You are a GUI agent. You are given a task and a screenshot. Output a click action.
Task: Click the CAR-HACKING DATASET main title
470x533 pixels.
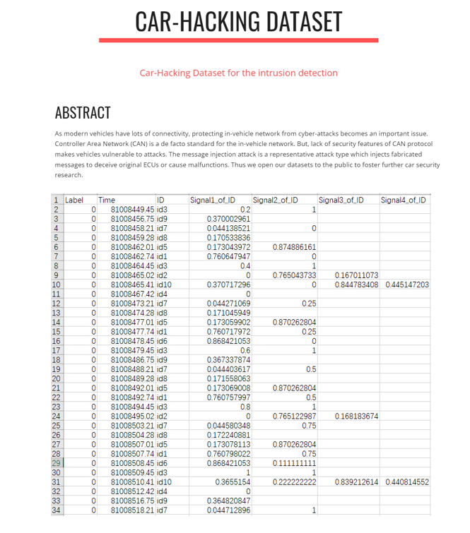click(x=238, y=21)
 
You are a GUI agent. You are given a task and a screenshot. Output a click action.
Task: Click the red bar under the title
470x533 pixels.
click(x=239, y=40)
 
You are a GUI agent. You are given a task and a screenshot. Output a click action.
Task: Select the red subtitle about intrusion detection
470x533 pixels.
click(x=238, y=73)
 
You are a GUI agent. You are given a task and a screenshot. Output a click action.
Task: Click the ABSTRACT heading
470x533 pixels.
click(x=83, y=112)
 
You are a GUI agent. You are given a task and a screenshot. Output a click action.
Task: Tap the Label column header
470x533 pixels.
click(x=74, y=200)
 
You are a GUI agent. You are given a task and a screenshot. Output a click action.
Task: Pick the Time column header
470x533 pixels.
click(x=107, y=200)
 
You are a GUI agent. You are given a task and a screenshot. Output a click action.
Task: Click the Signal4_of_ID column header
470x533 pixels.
click(x=404, y=200)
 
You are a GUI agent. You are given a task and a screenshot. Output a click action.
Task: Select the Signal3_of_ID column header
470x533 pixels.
click(x=341, y=200)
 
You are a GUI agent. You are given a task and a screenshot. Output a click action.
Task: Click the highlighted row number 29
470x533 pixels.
click(x=57, y=463)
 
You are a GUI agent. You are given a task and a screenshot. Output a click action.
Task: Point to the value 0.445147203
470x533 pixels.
click(x=407, y=285)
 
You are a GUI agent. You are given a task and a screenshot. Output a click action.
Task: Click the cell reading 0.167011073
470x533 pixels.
click(x=356, y=275)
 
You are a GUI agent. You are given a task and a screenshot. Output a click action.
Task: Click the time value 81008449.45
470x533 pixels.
click(x=133, y=210)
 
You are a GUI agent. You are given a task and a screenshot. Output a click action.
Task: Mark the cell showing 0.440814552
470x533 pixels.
click(x=407, y=482)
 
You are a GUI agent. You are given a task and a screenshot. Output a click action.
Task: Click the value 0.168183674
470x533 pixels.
click(x=356, y=417)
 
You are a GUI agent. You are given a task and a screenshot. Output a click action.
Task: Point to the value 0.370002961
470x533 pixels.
click(x=228, y=219)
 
